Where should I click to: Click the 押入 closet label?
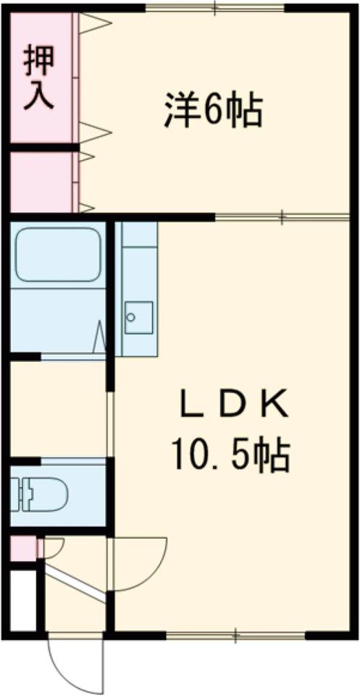[39, 77]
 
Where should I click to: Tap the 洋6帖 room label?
[212, 110]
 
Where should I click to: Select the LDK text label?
[235, 405]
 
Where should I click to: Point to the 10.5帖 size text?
[230, 455]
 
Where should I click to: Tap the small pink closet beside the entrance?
[22, 549]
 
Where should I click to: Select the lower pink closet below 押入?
[41, 182]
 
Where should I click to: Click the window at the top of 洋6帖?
[216, 8]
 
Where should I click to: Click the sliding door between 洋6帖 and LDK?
[282, 216]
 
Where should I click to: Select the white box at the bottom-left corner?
[22, 600]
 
